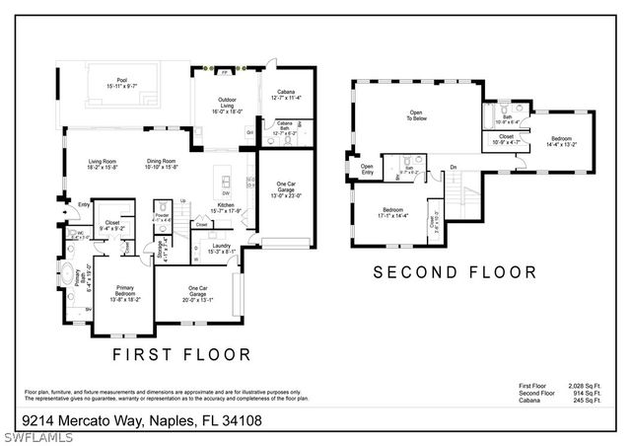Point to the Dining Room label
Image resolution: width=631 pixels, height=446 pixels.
click(x=162, y=164)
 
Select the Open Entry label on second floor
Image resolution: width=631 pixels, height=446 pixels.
click(x=367, y=169)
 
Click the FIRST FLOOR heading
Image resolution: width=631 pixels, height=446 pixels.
click(x=182, y=353)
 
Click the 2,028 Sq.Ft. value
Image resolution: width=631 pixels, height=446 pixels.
click(x=582, y=387)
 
